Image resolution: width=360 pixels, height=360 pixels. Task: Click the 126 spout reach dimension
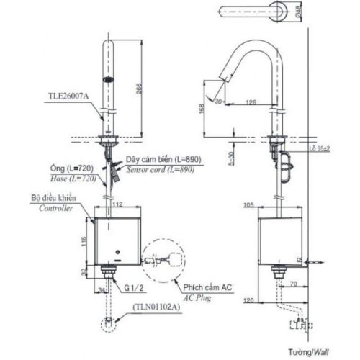point(251,102)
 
